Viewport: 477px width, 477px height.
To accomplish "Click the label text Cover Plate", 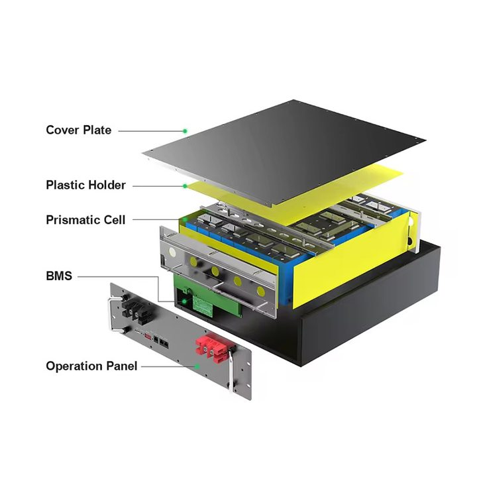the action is coord(78,131).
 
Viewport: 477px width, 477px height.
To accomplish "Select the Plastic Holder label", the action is coord(85,185).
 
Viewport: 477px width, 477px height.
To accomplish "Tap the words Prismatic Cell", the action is coord(85,220).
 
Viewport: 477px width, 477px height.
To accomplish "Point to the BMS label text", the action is coord(59,276).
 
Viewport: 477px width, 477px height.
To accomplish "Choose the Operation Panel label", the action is coord(91,366).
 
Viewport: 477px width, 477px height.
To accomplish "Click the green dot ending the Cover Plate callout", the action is coord(185,131).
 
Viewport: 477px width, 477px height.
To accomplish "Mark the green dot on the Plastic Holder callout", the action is coord(185,186).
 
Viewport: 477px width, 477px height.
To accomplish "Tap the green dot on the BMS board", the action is coord(184,301).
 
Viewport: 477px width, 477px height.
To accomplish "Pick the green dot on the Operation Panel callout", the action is coord(197,366).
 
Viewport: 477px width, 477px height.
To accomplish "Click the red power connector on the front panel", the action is coord(214,348).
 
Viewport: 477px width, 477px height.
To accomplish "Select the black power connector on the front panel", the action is coord(136,310).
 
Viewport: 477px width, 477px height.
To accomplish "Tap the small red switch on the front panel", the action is coord(148,337).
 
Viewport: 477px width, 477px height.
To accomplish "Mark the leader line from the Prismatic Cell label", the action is coord(156,220).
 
